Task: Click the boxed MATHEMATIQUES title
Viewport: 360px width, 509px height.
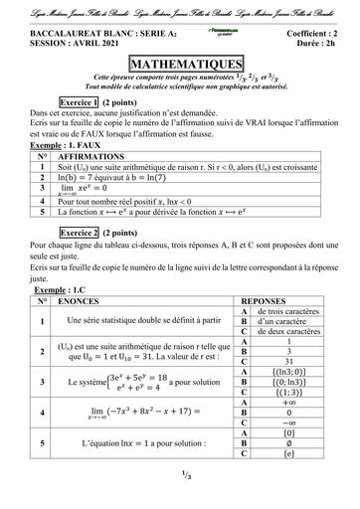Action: pos(180,61)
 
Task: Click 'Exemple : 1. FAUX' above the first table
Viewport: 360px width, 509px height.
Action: pos(66,145)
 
